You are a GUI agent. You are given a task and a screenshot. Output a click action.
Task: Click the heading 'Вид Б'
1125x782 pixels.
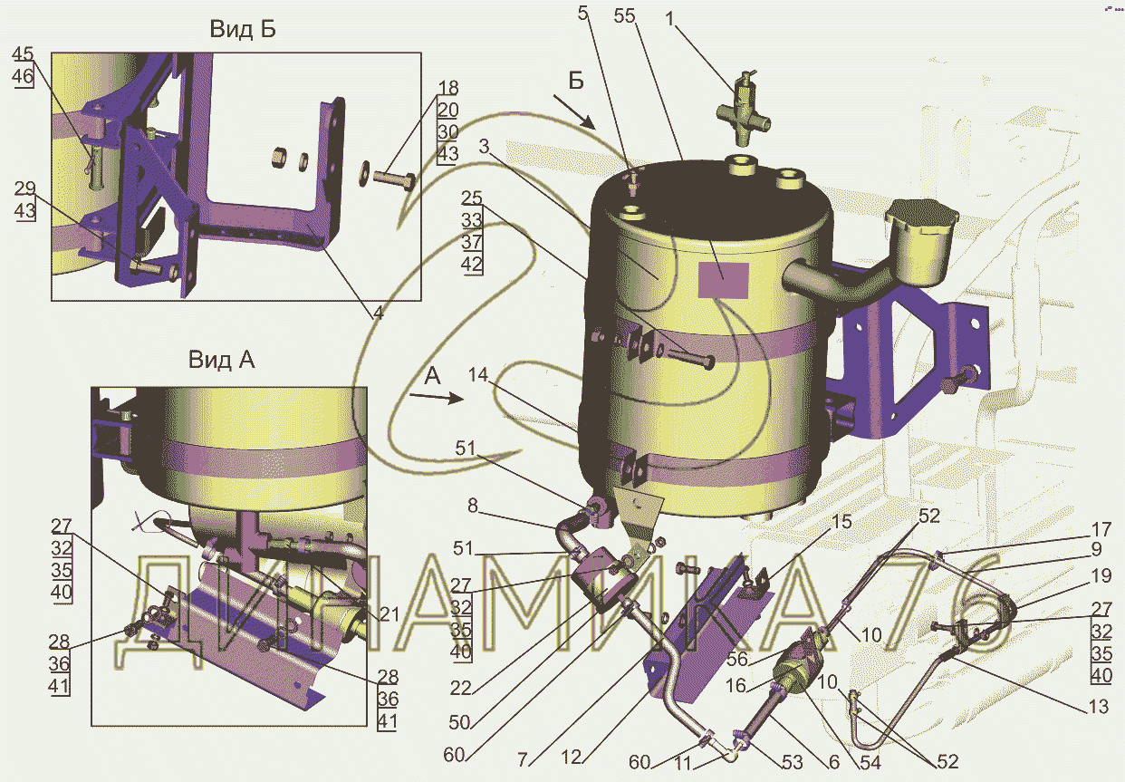pyautogui.click(x=243, y=29)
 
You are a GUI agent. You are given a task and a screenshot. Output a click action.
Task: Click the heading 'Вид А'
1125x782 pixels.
pyautogui.click(x=222, y=360)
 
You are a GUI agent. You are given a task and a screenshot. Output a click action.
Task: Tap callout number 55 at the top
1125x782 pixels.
pyautogui.click(x=624, y=15)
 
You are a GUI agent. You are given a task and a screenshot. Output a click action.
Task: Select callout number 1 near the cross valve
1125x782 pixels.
pyautogui.click(x=669, y=19)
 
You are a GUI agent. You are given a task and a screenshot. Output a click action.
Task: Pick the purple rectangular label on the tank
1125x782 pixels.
pyautogui.click(x=724, y=280)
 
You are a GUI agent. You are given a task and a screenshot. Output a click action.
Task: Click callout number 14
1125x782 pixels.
pyautogui.click(x=478, y=374)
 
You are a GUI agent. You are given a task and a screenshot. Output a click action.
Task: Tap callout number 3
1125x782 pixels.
pyautogui.click(x=484, y=146)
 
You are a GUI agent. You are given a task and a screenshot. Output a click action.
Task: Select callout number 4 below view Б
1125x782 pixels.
pyautogui.click(x=378, y=313)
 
